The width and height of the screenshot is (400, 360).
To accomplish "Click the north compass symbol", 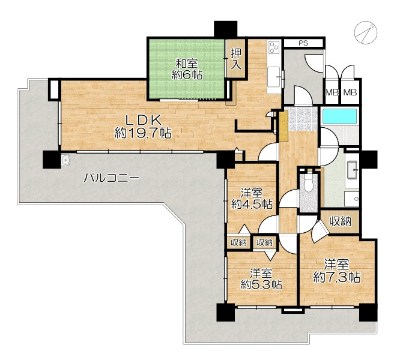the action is [x=366, y=32].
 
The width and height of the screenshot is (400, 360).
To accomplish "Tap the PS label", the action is [x=303, y=43].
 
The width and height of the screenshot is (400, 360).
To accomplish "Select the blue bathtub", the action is [x=339, y=116].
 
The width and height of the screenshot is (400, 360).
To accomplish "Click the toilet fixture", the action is [x=309, y=184].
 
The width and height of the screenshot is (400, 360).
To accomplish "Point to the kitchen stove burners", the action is [x=274, y=47].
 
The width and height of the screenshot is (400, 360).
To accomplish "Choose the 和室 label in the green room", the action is [x=187, y=64].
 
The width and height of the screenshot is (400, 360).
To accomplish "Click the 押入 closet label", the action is [x=236, y=59].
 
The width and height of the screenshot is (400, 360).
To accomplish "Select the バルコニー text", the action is [x=112, y=178].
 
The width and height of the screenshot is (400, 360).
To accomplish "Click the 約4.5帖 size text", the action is [x=252, y=204].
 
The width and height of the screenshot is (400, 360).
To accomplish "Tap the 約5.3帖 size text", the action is [x=261, y=284].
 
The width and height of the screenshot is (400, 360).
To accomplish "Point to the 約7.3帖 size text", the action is [x=336, y=277].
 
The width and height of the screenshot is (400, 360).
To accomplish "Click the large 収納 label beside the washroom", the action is [x=341, y=221].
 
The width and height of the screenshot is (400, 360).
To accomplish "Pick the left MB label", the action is [x=332, y=92].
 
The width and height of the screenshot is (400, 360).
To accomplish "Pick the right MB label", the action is [x=350, y=92].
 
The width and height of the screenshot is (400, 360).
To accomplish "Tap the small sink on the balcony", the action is [x=66, y=160].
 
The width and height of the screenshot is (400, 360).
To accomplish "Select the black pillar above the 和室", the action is [x=225, y=29].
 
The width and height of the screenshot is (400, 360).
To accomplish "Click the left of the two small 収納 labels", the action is [x=239, y=242].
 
